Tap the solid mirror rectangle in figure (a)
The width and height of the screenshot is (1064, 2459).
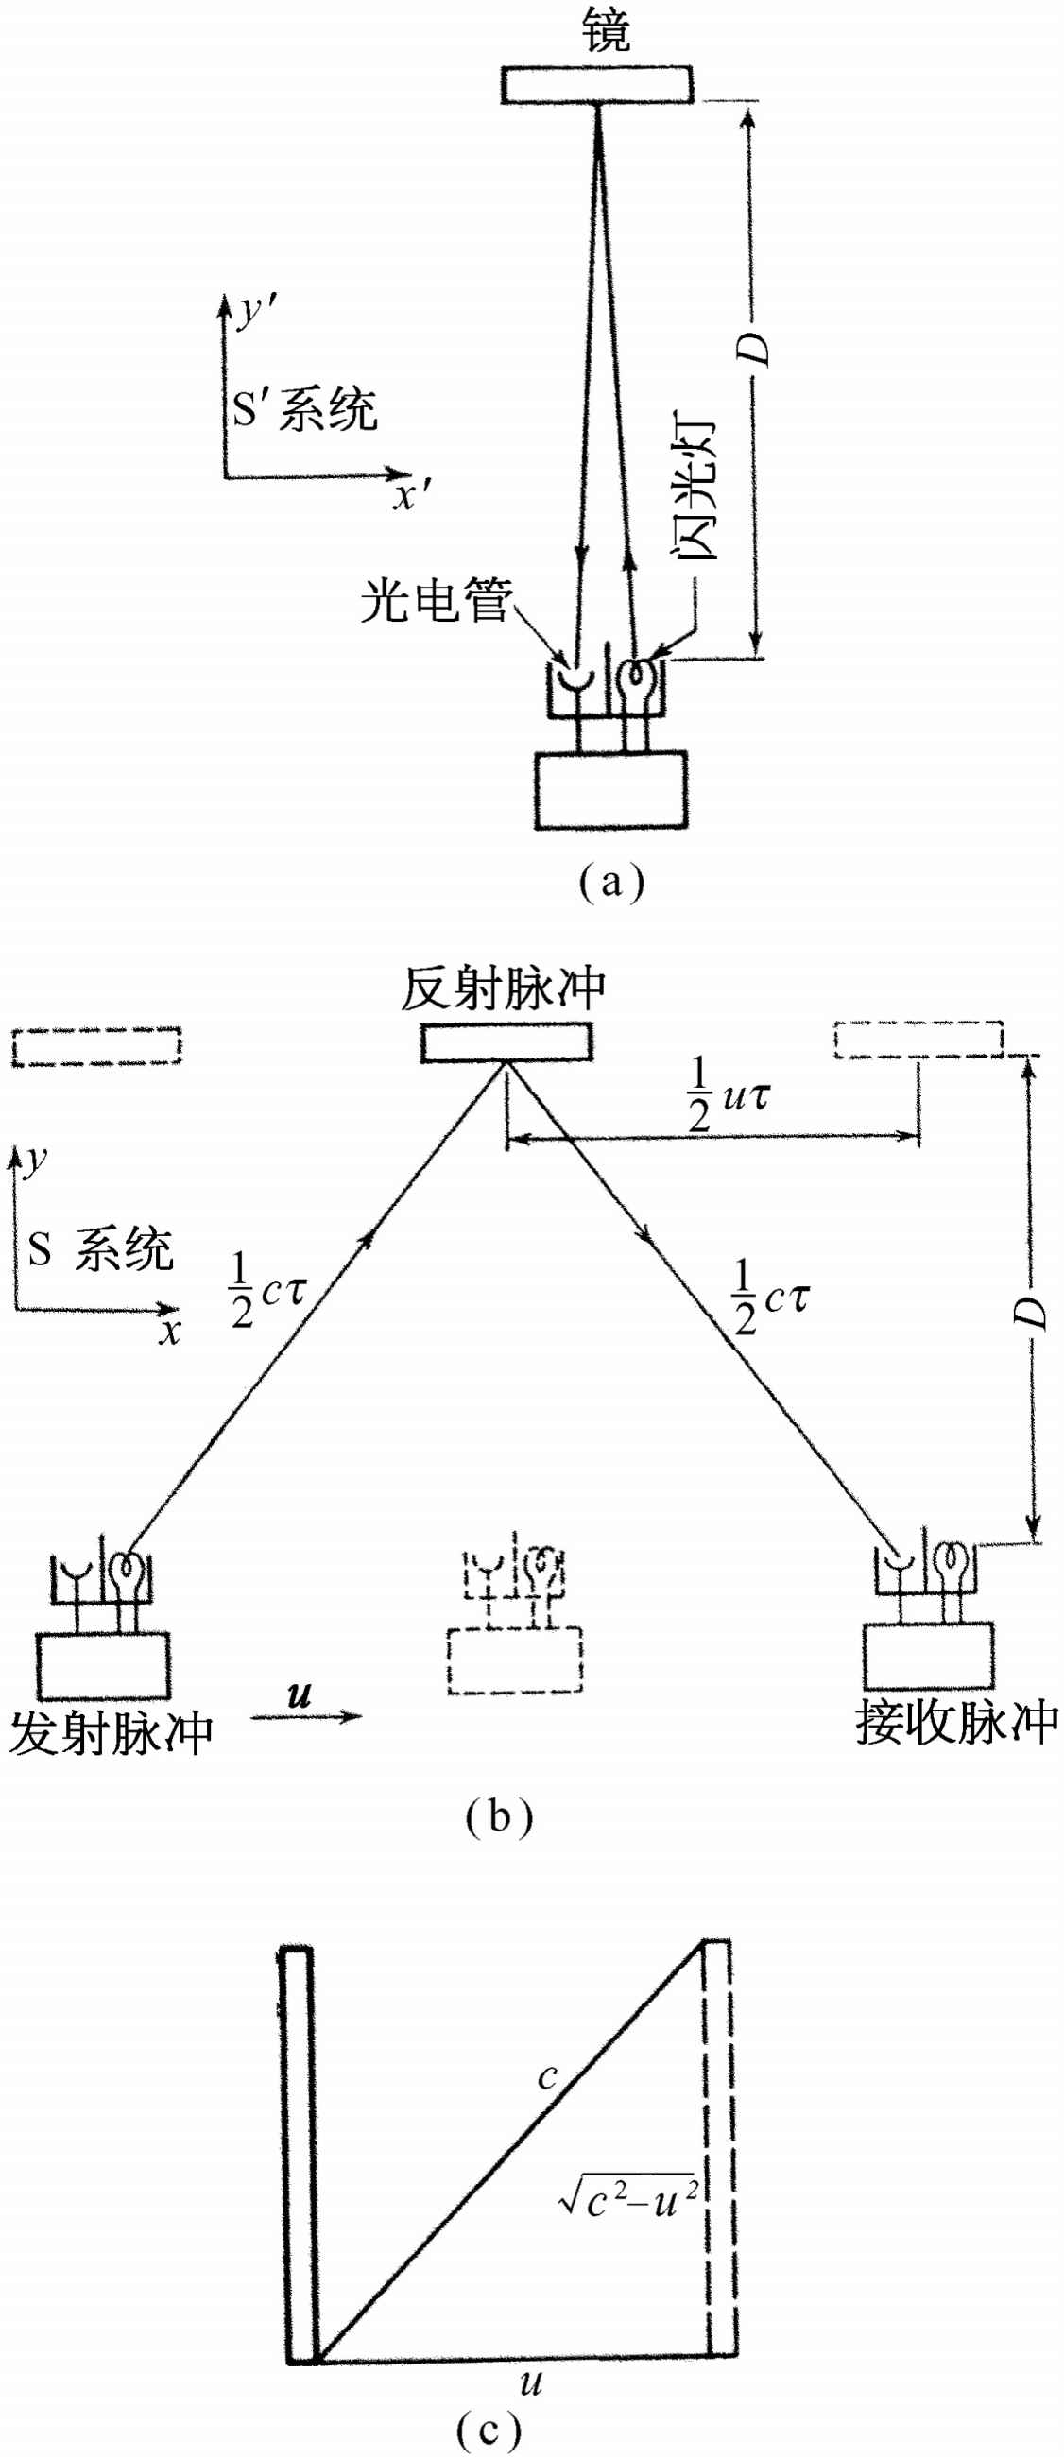(x=597, y=84)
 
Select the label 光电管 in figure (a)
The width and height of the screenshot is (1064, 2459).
(x=437, y=600)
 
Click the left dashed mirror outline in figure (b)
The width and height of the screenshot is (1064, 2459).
(x=96, y=1046)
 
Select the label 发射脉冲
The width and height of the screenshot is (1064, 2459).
(x=111, y=1733)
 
